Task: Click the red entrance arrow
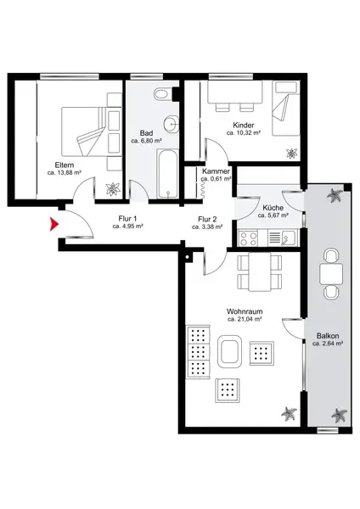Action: pos(54,224)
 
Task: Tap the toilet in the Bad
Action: pos(162,94)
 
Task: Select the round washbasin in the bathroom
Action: pos(171,124)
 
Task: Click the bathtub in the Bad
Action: pos(167,174)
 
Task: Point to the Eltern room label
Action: pos(65,165)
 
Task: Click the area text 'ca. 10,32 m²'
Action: pos(244,133)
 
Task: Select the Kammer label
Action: pos(216,171)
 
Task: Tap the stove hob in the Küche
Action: pos(248,238)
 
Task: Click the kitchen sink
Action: pos(288,238)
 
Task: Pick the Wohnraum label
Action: pos(245,311)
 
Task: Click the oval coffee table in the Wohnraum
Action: pos(229,351)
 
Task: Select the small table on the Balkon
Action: pos(331,274)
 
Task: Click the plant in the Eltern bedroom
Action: pos(113,189)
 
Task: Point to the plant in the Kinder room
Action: pos(292,154)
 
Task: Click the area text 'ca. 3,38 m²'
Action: pos(207,227)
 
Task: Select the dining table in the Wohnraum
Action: pos(260,271)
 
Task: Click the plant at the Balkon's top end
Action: pos(335,196)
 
